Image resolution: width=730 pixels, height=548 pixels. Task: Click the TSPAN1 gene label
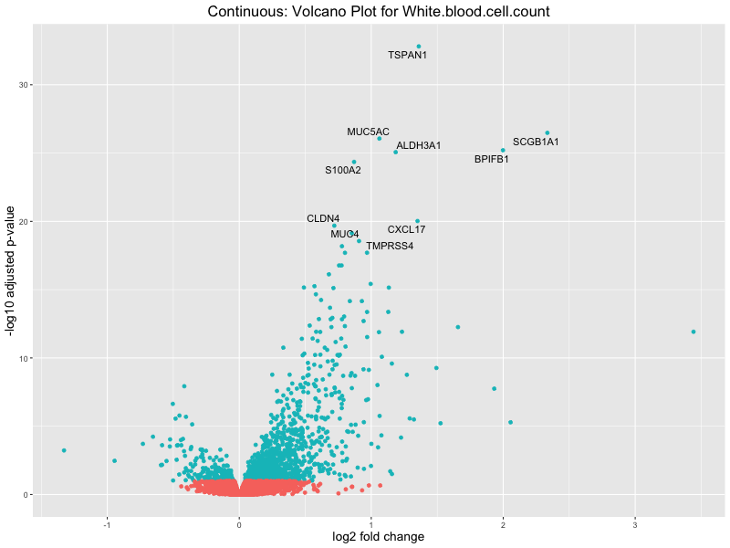pos(407,55)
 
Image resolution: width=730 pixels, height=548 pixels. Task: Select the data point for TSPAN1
pos(419,47)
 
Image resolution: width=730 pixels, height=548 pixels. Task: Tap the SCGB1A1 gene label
pos(536,142)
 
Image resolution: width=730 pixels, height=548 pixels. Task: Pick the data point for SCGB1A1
pos(547,133)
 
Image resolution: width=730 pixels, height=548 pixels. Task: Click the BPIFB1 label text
pos(491,160)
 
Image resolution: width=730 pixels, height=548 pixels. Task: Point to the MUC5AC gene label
pos(368,132)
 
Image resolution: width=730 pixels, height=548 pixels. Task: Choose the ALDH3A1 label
pos(419,146)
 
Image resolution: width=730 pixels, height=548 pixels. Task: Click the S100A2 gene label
pos(343,171)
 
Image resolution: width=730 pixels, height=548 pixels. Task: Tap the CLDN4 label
pos(323,218)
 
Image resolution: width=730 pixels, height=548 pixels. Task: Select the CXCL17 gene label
pos(406,230)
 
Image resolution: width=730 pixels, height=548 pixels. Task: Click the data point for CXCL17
pos(418,221)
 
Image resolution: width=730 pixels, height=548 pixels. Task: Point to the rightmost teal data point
pos(693,332)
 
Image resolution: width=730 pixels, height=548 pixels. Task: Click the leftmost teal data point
pos(64,450)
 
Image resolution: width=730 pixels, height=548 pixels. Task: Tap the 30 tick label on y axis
pos(26,85)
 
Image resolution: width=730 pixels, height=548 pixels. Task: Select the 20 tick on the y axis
pos(26,222)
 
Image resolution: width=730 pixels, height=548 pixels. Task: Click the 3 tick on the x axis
pos(634,525)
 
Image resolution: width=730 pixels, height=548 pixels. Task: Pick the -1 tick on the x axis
pos(107,525)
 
